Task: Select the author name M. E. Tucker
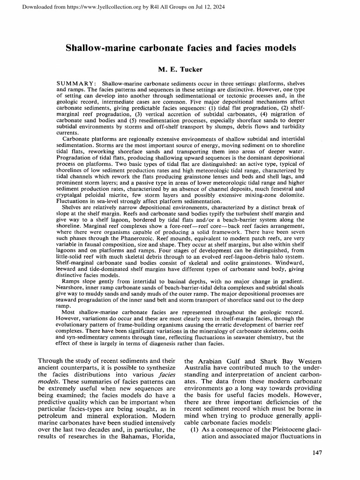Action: coord(180,70)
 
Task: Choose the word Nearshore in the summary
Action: coord(72,286)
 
